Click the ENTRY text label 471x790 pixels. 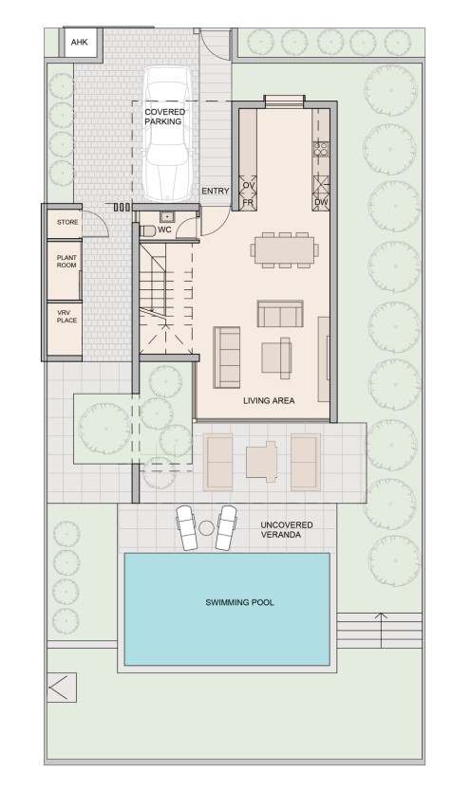point(216,192)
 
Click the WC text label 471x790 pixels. point(164,230)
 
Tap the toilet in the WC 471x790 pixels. point(146,230)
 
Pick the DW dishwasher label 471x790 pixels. point(320,203)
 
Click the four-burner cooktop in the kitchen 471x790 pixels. point(321,148)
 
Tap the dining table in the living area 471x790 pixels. point(285,249)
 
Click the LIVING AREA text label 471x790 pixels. point(269,400)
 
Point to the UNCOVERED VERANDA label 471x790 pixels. point(286,529)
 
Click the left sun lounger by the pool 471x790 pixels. point(187,527)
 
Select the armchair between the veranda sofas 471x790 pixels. point(261,462)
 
